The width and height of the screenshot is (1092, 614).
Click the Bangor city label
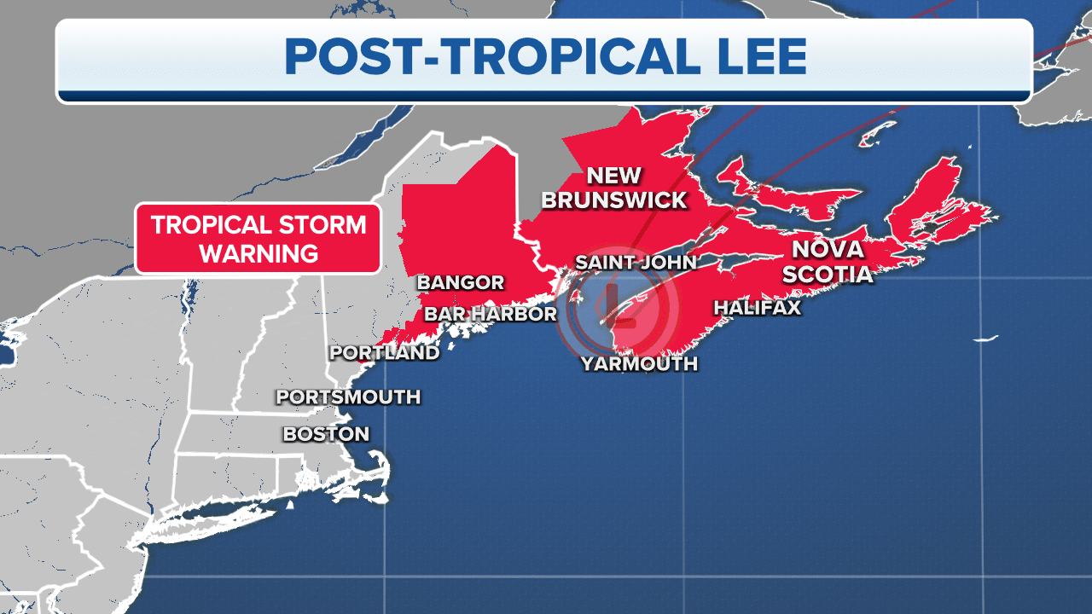point(460,282)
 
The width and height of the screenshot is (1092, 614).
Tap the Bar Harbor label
point(490,314)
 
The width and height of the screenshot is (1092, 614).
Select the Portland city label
point(384,352)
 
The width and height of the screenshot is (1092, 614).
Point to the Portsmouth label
point(348,397)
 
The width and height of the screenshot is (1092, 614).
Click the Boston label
point(326,434)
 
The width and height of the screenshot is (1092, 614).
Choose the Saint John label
point(636,262)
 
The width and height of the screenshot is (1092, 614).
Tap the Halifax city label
point(758,307)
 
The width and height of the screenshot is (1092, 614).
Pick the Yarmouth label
point(639,364)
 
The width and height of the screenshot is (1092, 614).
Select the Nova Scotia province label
point(832,262)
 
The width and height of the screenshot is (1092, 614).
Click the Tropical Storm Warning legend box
point(258,239)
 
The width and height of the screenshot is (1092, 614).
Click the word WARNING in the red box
point(258,253)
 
